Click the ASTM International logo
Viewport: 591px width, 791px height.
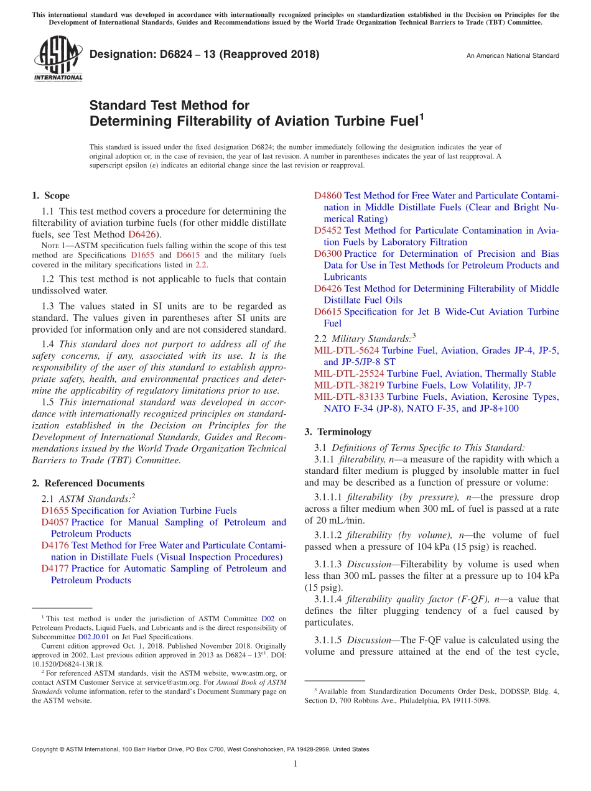pos(58,60)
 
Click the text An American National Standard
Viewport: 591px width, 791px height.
pos(513,56)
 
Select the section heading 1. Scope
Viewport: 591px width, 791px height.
pos(50,195)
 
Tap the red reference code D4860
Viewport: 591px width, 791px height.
pos(328,196)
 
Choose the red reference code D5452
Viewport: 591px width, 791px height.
pos(328,231)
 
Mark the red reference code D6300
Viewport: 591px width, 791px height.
pos(328,254)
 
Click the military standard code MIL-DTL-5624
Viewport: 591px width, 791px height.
pos(347,351)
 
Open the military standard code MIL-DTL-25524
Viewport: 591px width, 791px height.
pos(349,374)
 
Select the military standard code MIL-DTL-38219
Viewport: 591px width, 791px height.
pos(349,386)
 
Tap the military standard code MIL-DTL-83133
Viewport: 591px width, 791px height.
pos(349,397)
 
